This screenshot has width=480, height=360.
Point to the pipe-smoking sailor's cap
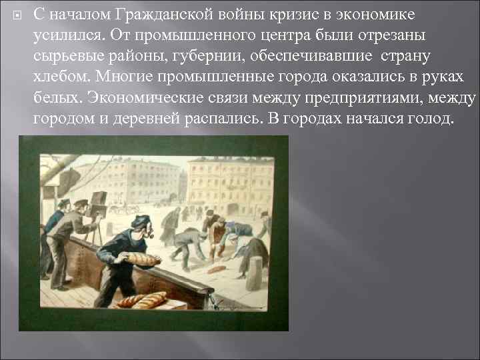coord(140,220)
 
